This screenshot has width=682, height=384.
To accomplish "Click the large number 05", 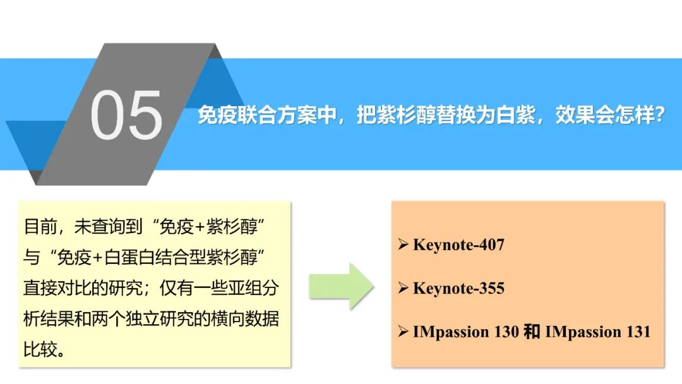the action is pos(126,115).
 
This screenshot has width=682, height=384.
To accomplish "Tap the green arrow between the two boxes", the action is pos(341,287).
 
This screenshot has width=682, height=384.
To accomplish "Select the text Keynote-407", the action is pos(458,245).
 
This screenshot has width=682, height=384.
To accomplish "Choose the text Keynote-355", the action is pos(458,289).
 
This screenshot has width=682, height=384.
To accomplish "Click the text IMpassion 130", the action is pos(466,332).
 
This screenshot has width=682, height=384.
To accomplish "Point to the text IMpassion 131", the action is pos(597,332).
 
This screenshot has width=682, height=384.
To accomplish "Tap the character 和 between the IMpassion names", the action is pos(532,332).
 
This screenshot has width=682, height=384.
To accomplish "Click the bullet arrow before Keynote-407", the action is pos(403,244).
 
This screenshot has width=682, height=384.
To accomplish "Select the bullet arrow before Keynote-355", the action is pos(403,288).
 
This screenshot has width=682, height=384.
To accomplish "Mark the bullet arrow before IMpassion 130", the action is pos(403,332).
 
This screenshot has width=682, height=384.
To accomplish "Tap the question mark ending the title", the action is pos(659,115).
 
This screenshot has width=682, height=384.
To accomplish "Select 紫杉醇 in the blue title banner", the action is pos(406,115).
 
